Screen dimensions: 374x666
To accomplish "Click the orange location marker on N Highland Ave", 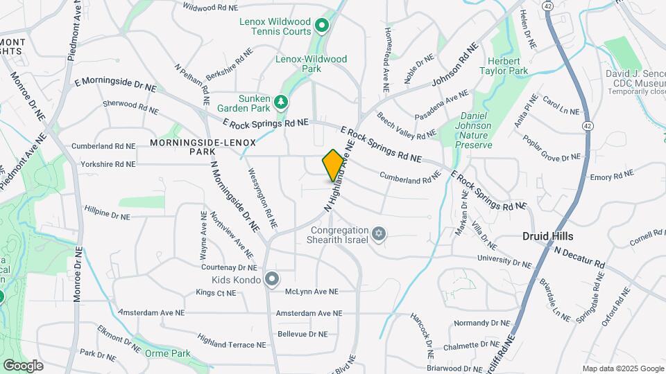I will (333, 165).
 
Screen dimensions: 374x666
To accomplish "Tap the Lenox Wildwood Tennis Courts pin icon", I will (322, 26).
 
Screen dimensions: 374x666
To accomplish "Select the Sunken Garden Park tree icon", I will (281, 103).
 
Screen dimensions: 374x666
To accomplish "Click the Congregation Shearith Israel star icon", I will (378, 234).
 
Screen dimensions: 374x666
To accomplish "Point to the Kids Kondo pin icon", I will (272, 280).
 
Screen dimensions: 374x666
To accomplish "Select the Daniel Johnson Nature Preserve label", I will (476, 131).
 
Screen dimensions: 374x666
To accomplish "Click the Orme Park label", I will (168, 353).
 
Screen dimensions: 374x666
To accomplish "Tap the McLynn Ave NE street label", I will (311, 292).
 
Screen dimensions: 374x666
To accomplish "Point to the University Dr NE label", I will (504, 261).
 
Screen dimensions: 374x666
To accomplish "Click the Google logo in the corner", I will (23, 365).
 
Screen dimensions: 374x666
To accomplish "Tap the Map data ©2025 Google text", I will (622, 368).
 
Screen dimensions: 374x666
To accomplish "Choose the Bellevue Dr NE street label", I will (302, 334).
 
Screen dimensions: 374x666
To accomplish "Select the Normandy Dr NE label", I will (482, 323).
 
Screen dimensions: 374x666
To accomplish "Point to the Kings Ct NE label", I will (216, 293).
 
